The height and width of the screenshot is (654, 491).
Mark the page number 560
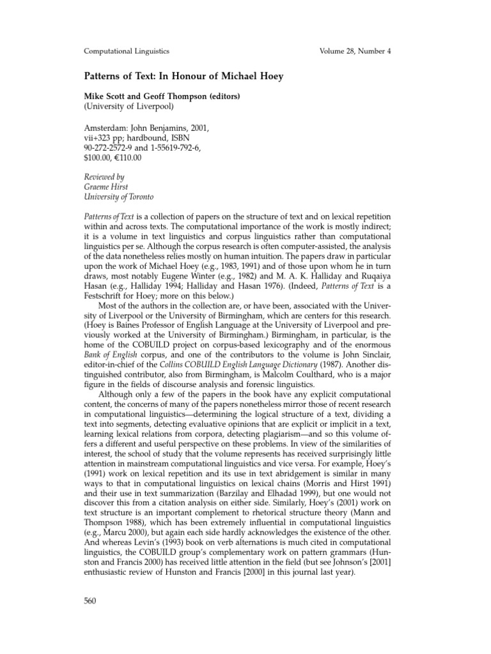[x=93, y=602]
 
